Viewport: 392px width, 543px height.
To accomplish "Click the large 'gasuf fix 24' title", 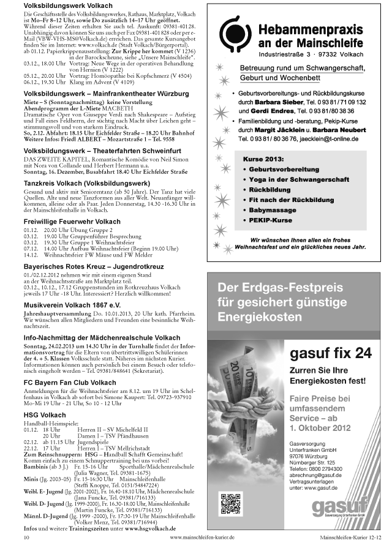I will [330, 353].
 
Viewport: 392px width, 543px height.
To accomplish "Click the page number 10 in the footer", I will [26, 536].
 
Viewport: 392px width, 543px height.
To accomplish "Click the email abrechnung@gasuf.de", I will [316, 475].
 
